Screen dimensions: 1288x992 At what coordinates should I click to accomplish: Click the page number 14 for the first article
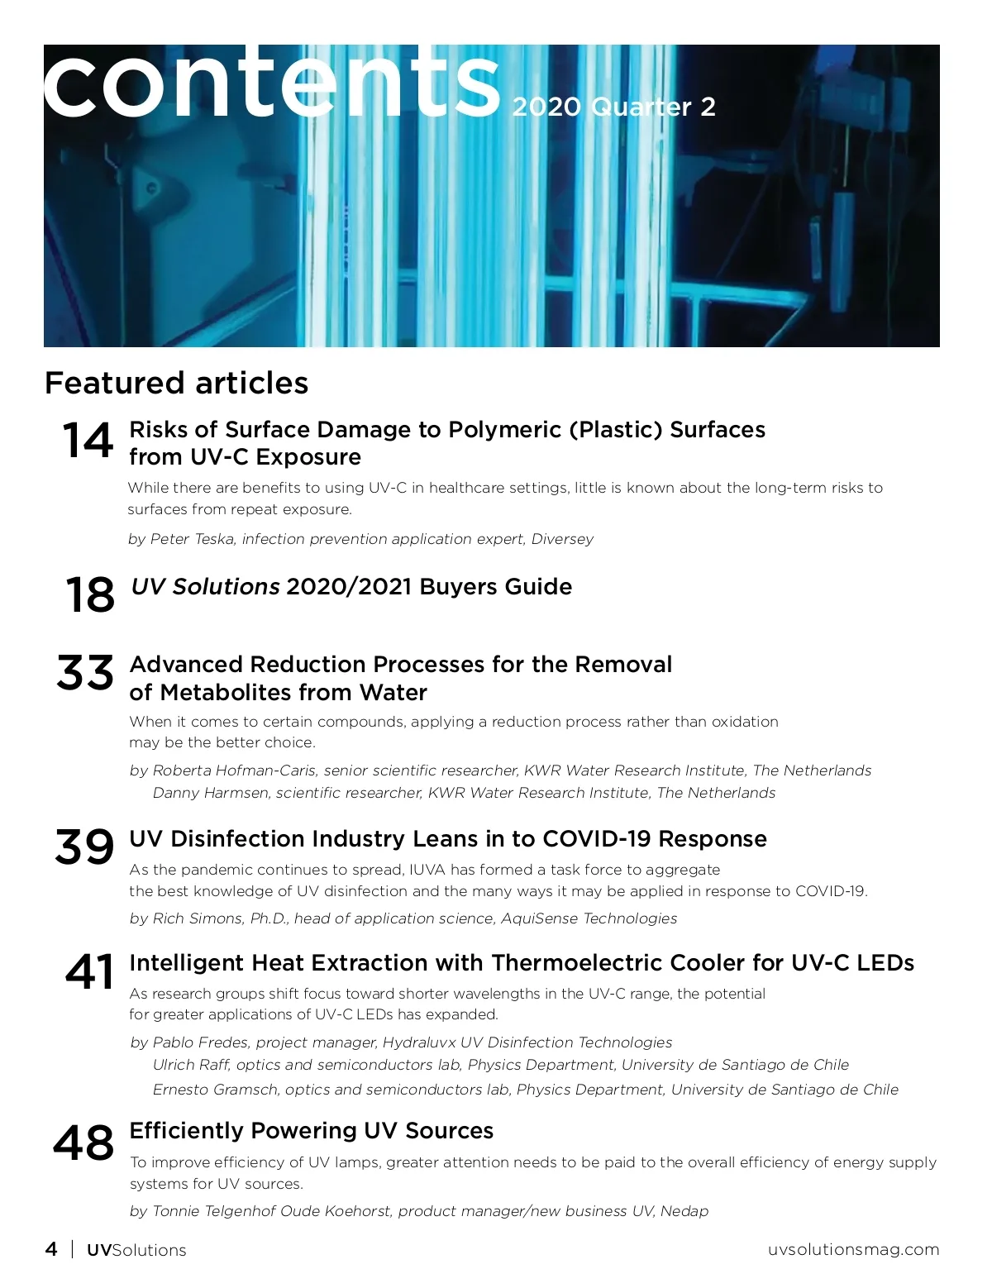pos(88,440)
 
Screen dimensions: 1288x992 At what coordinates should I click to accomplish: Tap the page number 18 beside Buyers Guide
pos(89,595)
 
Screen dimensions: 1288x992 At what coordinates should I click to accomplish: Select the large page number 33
pos(85,673)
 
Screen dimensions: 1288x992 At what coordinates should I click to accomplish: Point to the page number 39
pos(84,847)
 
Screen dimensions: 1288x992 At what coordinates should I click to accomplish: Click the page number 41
pos(89,971)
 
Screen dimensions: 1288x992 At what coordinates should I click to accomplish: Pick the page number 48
pos(83,1143)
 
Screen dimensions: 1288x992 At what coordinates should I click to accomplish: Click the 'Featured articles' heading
pos(176,384)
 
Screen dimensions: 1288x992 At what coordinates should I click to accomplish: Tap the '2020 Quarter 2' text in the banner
pos(613,107)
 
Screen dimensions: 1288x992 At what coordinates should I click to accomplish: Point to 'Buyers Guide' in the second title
pos(495,587)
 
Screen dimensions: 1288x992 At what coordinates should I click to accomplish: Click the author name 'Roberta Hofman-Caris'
pos(234,770)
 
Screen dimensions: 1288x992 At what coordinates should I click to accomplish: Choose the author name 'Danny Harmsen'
pos(211,793)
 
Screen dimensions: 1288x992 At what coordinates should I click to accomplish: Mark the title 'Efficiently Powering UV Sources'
pos(312,1131)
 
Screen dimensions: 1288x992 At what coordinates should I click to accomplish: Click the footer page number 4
pos(51,1249)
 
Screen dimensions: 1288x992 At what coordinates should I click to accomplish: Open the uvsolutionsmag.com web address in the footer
pos(853,1249)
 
